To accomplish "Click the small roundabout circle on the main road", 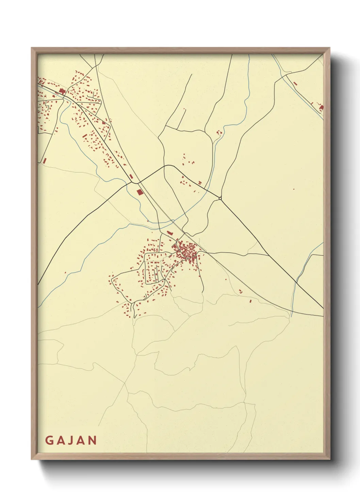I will pyautogui.click(x=220, y=198).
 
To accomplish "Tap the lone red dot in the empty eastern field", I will pyautogui.click(x=294, y=189).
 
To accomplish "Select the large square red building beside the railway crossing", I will pyautogui.click(x=139, y=192).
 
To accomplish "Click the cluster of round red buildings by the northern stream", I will pyautogui.click(x=219, y=132).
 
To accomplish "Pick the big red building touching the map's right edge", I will pyautogui.click(x=321, y=108).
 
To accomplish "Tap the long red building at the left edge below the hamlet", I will pyautogui.click(x=44, y=160).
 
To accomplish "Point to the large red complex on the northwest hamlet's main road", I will pyautogui.click(x=62, y=91).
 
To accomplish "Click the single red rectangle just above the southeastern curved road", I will pyautogui.click(x=250, y=301).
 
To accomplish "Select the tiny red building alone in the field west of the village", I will pyautogui.click(x=65, y=272).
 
